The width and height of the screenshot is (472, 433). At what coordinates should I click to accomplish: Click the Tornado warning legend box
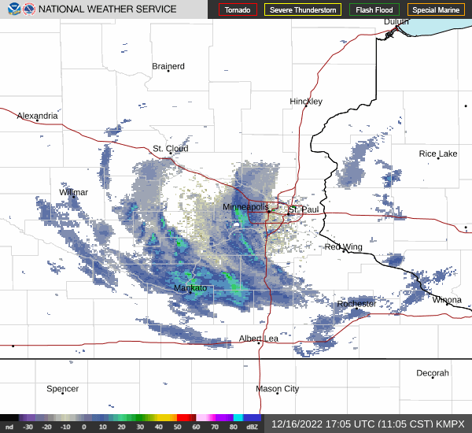pyautogui.click(x=238, y=10)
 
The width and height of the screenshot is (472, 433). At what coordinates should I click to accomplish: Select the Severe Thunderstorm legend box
pyautogui.click(x=303, y=10)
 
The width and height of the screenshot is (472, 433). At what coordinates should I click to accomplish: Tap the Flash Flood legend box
pyautogui.click(x=374, y=10)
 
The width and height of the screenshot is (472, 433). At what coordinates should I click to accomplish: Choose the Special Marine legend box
pyautogui.click(x=436, y=10)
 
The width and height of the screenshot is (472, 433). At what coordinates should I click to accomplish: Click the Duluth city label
pyautogui.click(x=396, y=22)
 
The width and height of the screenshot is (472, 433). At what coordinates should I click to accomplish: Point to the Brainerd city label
pyautogui.click(x=168, y=67)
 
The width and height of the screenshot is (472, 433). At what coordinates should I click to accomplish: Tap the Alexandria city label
pyautogui.click(x=37, y=116)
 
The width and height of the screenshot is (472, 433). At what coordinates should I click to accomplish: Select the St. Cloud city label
pyautogui.click(x=170, y=148)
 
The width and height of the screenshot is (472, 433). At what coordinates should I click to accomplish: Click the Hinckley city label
pyautogui.click(x=306, y=102)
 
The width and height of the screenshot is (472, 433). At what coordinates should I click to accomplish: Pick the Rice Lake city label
pyautogui.click(x=438, y=154)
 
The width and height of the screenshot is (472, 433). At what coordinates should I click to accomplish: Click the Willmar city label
pyautogui.click(x=74, y=192)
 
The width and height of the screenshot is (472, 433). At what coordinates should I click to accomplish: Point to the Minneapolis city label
pyautogui.click(x=245, y=207)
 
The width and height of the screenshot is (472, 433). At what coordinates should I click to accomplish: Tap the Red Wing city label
pyautogui.click(x=344, y=247)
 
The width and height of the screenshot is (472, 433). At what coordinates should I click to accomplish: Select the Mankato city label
pyautogui.click(x=190, y=288)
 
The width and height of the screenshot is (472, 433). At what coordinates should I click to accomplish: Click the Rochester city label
pyautogui.click(x=356, y=304)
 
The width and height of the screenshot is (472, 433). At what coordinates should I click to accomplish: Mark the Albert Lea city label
pyautogui.click(x=259, y=339)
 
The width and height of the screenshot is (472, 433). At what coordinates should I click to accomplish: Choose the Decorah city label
pyautogui.click(x=433, y=373)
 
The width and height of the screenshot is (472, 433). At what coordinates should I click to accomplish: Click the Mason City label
pyautogui.click(x=278, y=389)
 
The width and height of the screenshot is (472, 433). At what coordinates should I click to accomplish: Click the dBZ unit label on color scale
pyautogui.click(x=252, y=427)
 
